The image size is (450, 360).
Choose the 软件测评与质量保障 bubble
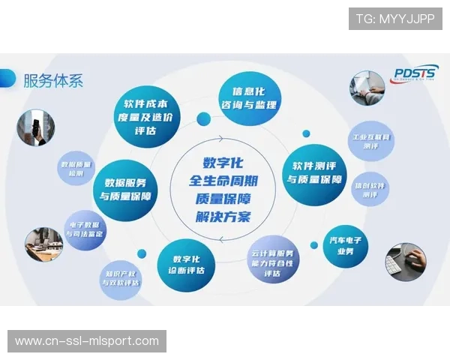[x=314, y=174]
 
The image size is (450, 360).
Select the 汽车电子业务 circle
[x=346, y=247]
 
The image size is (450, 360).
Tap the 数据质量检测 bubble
[x=76, y=168]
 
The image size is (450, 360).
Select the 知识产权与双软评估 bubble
[x=121, y=278]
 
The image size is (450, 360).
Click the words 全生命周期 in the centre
[x=224, y=181]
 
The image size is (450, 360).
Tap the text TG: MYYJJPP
[x=395, y=19]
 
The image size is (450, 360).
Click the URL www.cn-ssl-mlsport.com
[x=87, y=341]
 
